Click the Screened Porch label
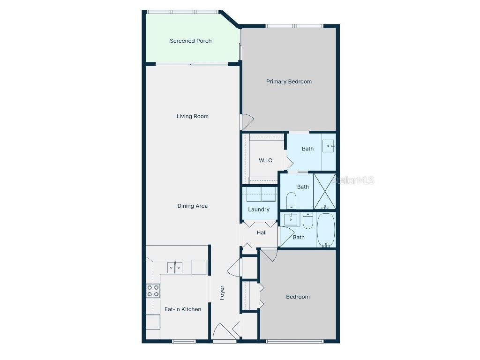(x=190, y=41)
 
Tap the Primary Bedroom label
(x=289, y=82)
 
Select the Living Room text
(x=192, y=116)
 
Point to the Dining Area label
(x=192, y=206)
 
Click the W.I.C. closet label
(x=266, y=161)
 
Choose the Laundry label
(x=259, y=210)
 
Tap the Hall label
(x=262, y=232)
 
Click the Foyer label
(x=222, y=293)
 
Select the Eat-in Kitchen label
(x=183, y=309)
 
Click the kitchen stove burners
(x=153, y=291)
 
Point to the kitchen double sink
(x=175, y=268)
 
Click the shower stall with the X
(x=324, y=191)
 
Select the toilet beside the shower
(x=291, y=200)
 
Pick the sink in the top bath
(x=329, y=146)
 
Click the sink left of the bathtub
(x=291, y=218)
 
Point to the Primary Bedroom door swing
(x=247, y=122)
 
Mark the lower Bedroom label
(x=298, y=297)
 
